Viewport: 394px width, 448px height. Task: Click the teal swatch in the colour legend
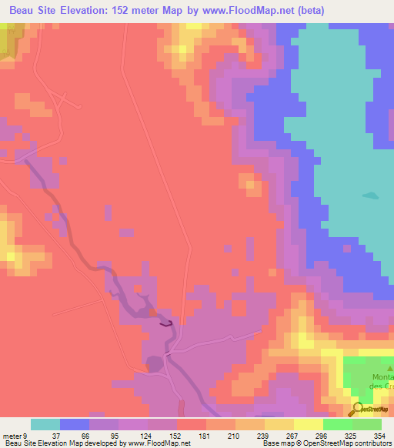(45, 424)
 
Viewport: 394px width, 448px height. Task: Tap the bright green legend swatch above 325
(338, 424)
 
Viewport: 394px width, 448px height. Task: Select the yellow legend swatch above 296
(309, 424)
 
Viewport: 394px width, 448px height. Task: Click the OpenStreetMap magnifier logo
(359, 409)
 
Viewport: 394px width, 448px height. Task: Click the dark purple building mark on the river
(165, 324)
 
